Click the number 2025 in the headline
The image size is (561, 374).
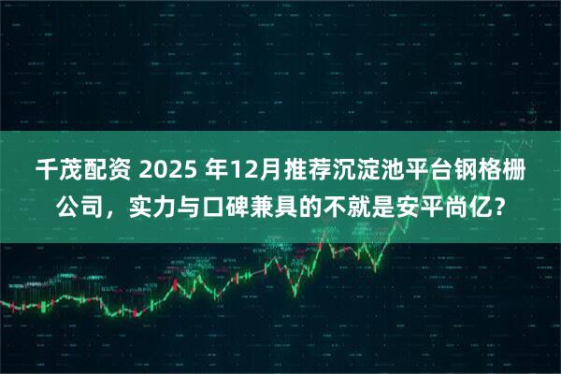pyautogui.click(x=167, y=172)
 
